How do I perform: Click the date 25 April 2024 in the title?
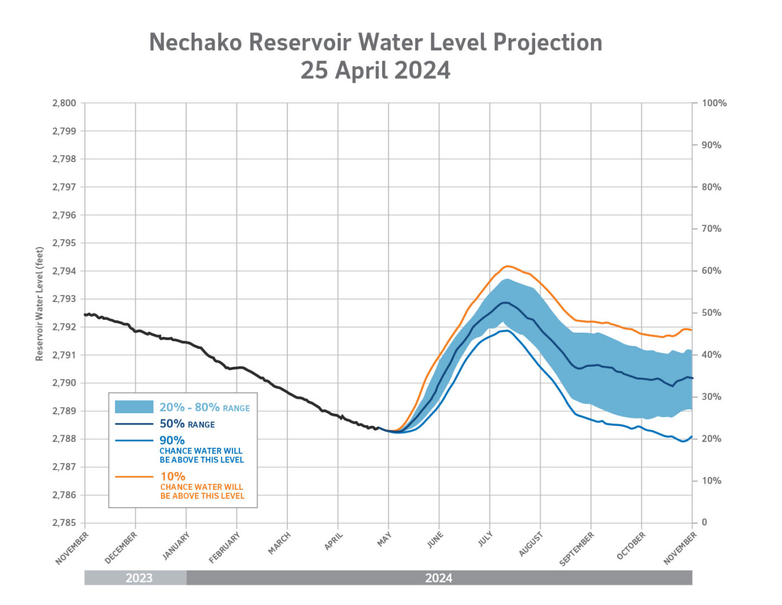(x=375, y=70)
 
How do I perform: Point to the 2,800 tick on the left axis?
(x=64, y=103)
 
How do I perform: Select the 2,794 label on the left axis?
(x=64, y=271)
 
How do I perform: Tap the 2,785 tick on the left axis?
(x=64, y=523)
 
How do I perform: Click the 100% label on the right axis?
(x=714, y=103)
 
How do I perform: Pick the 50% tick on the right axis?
(x=711, y=313)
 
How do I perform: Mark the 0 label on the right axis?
(x=704, y=522)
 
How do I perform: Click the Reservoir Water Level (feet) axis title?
(x=40, y=304)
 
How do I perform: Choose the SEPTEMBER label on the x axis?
(x=577, y=549)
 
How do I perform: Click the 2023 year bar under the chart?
(x=136, y=578)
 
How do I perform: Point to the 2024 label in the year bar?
(x=438, y=578)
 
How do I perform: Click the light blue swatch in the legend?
(x=134, y=407)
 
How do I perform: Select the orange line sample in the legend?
(x=134, y=477)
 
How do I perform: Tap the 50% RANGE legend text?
(x=187, y=424)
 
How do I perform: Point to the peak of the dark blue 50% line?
(x=505, y=302)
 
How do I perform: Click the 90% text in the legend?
(x=172, y=441)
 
